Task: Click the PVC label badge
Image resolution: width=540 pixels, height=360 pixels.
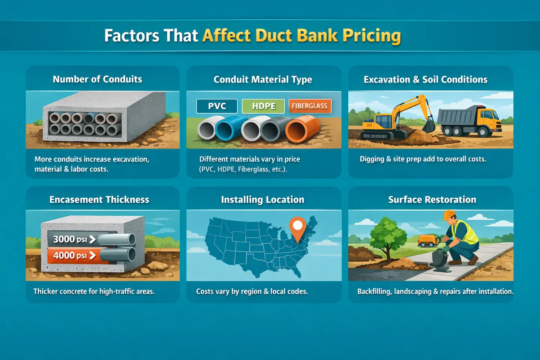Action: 217,106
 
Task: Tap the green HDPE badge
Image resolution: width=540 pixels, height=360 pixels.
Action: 263,106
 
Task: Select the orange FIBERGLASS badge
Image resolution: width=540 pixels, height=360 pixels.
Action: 310,106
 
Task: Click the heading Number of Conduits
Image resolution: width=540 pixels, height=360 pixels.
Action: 97,79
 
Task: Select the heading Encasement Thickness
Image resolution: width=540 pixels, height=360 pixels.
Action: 99,199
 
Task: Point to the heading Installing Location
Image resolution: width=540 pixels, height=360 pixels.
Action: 262,199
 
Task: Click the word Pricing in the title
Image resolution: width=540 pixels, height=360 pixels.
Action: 372,36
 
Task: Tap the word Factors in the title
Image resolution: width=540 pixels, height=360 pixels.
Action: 132,36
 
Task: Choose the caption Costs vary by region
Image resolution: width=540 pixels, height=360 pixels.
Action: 252,291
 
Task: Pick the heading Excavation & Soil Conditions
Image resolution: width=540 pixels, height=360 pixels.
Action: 426,79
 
